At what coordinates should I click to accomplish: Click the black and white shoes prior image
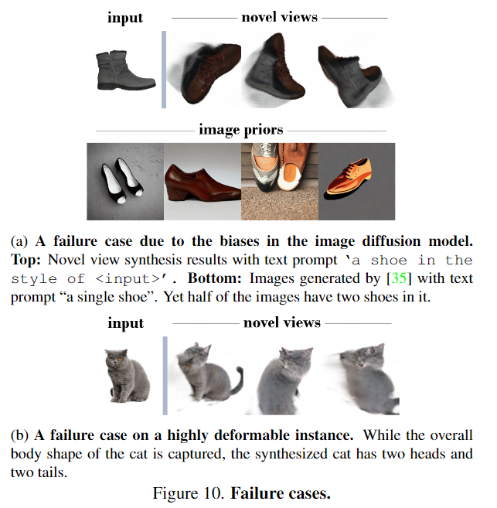point(124,181)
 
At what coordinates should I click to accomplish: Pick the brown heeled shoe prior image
point(203,180)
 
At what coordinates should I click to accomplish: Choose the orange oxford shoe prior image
point(356,181)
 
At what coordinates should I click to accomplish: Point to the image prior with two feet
point(280,180)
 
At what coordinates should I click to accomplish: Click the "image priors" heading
point(241,129)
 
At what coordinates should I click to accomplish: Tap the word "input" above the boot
point(126,18)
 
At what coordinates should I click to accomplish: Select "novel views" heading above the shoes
point(279,17)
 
